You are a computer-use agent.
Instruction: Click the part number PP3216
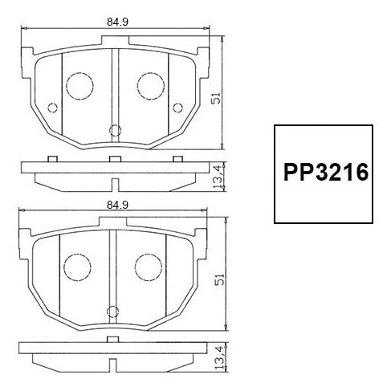point(326,173)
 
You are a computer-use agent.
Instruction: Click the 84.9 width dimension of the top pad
point(117,22)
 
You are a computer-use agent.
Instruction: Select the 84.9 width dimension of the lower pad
point(117,205)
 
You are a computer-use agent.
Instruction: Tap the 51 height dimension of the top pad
point(216,98)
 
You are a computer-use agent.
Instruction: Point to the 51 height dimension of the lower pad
point(220,279)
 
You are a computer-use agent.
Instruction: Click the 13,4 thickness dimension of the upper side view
point(218,177)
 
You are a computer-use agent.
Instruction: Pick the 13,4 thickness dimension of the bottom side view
point(219,358)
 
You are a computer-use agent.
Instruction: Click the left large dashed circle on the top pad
point(79,86)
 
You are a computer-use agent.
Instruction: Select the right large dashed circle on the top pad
point(151,86)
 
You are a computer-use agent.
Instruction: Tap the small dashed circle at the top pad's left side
point(53,108)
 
